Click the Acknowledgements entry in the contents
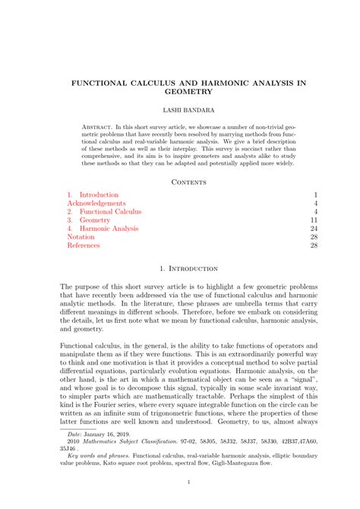point(96,204)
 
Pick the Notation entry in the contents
point(81,237)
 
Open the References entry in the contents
point(84,245)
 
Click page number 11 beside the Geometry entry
point(312,220)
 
